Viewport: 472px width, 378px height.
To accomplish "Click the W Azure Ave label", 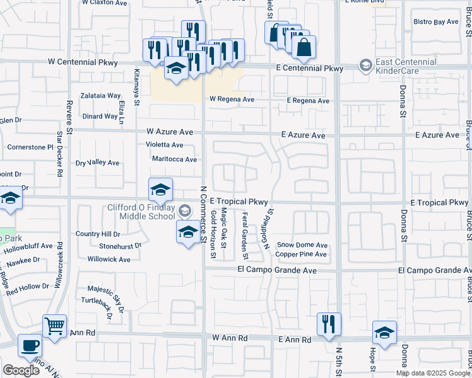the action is [170, 132].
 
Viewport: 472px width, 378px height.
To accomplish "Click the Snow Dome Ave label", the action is [302, 245].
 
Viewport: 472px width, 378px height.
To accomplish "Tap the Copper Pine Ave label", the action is [301, 255].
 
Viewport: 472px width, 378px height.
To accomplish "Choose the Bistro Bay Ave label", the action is [435, 22].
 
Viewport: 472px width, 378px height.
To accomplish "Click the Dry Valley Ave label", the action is [97, 163].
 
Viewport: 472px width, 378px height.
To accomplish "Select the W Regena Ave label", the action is [232, 100].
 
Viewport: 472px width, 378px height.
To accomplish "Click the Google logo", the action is [21, 370].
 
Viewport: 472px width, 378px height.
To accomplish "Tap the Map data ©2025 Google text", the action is [433, 373].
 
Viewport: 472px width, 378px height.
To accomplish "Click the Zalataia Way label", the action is [100, 96].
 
